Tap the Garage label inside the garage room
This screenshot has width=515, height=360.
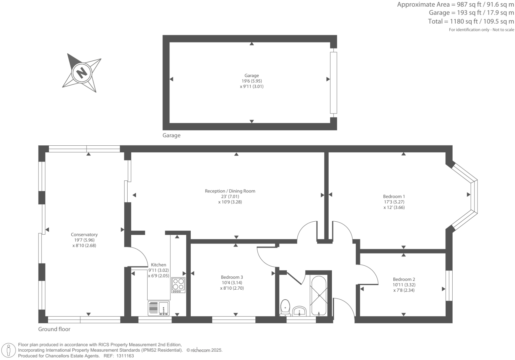[x=251, y=76]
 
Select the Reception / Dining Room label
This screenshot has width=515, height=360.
[x=230, y=191]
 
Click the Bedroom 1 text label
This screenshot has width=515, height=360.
[x=394, y=196]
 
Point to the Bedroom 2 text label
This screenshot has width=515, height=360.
[x=404, y=279]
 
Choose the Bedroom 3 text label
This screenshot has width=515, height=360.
[x=232, y=277]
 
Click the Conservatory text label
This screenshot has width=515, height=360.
[x=84, y=235]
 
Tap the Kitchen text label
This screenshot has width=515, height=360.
[x=159, y=265]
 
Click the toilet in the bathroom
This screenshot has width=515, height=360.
[x=285, y=307]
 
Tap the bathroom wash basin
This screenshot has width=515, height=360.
[x=300, y=311]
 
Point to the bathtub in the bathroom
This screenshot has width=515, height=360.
[x=318, y=295]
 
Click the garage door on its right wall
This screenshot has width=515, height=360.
[x=333, y=83]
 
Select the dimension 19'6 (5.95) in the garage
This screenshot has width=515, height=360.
[x=251, y=81]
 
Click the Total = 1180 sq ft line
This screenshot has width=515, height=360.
[x=471, y=22]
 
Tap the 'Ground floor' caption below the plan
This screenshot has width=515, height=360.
[x=54, y=329]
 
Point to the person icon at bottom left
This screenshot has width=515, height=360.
[x=9, y=350]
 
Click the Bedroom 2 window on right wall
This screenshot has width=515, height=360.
[x=449, y=286]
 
